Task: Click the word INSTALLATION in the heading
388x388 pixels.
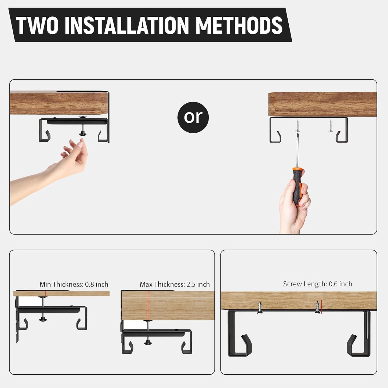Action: [x=126, y=25]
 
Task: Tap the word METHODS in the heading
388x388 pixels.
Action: [x=239, y=25]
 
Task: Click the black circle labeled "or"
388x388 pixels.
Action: [x=193, y=117]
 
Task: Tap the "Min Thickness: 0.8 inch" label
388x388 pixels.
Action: [x=74, y=284]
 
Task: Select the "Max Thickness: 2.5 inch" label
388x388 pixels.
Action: [x=175, y=284]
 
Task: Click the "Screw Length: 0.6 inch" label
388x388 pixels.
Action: [x=317, y=284]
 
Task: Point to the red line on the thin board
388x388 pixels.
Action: [x=46, y=293]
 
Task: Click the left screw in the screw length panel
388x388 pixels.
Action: [x=260, y=307]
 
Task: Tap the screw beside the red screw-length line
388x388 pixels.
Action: [x=317, y=307]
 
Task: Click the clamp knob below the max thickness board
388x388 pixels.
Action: [x=147, y=342]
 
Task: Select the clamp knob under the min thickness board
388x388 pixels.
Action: [x=43, y=319]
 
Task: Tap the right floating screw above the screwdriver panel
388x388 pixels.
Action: [x=330, y=126]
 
